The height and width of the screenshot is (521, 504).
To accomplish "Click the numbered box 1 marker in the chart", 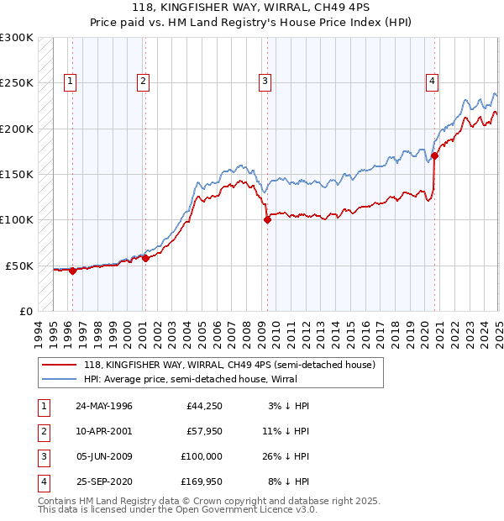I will tap(69, 82).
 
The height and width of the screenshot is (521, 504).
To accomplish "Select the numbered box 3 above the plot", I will tap(265, 82).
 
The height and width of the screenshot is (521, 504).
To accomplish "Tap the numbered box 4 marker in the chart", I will tap(432, 82).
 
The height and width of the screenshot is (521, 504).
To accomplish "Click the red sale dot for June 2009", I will tap(267, 220).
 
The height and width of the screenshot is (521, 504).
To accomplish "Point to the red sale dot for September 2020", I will tap(435, 156).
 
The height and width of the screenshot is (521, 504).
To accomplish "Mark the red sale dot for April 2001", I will tap(145, 258).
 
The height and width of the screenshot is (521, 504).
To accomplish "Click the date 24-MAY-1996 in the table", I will tap(104, 406).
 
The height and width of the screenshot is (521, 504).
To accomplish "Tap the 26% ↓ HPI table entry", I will tap(284, 456).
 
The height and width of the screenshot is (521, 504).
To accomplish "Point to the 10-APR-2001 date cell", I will tap(104, 431).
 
